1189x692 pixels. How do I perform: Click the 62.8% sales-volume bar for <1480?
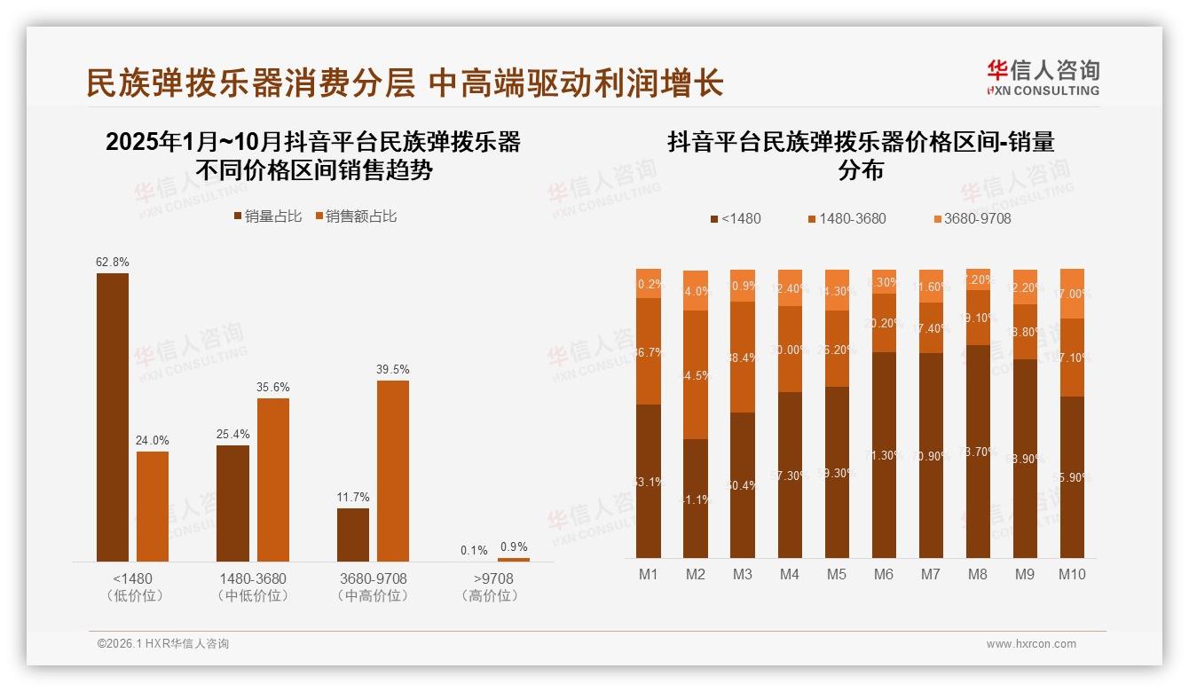click(x=113, y=417)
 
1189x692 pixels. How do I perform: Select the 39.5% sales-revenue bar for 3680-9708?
click(x=393, y=470)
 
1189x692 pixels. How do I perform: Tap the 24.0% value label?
click(x=153, y=440)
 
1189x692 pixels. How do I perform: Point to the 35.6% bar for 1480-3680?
click(x=273, y=479)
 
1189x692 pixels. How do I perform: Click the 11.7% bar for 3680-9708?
click(x=353, y=534)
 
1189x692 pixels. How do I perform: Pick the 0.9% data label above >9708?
click(x=514, y=547)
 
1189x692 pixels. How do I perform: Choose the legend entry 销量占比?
click(x=267, y=216)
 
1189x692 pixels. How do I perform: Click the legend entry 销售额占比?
click(x=355, y=216)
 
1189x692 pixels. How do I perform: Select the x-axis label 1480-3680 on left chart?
click(x=253, y=578)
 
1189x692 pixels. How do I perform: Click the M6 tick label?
click(x=884, y=574)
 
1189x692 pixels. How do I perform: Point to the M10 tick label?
click(x=1072, y=574)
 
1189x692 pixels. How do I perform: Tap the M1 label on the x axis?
click(x=649, y=574)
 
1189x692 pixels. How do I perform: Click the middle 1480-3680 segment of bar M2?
click(x=696, y=374)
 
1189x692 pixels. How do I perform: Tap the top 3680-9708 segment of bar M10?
click(x=1072, y=293)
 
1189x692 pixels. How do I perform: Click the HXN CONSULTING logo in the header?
click(x=1043, y=78)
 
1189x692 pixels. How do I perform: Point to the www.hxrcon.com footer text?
click(x=1031, y=644)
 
